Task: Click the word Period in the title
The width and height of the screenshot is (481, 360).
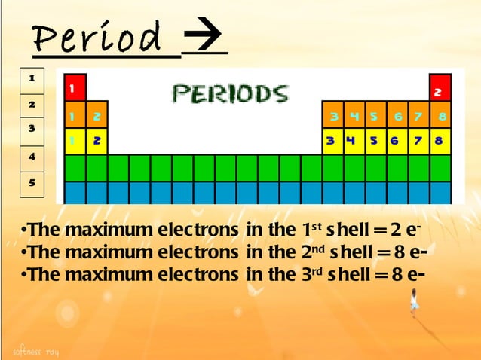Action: tap(97, 38)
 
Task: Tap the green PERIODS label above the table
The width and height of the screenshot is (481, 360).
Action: tap(229, 93)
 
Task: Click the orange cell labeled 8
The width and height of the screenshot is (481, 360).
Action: tap(440, 117)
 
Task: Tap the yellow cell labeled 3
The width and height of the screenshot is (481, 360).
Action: tap(332, 141)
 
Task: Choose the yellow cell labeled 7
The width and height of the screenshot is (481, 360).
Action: tap(418, 141)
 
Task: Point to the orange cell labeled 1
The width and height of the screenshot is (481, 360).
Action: tap(75, 117)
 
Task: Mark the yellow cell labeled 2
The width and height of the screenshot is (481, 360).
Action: tap(97, 141)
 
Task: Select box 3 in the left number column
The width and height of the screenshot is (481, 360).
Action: tap(32, 130)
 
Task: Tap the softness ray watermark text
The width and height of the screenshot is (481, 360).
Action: tap(35, 352)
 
